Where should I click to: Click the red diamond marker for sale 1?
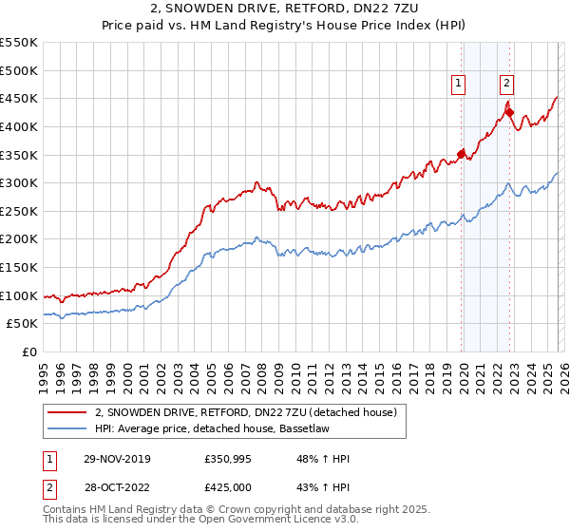tap(462, 153)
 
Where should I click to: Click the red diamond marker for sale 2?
tap(509, 111)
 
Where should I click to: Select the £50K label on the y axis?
tap(22, 324)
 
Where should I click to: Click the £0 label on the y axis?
tap(29, 352)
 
